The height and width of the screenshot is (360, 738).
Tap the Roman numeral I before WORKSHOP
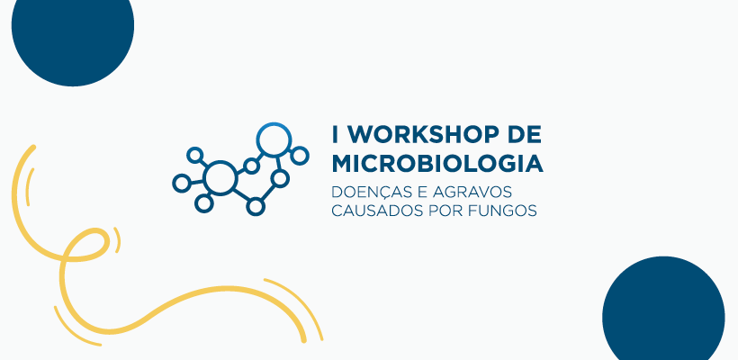point(335,135)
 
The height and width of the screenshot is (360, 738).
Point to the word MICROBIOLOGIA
point(437,164)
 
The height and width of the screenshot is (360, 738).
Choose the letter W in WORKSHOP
point(358,135)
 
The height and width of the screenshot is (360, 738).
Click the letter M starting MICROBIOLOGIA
point(342,164)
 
